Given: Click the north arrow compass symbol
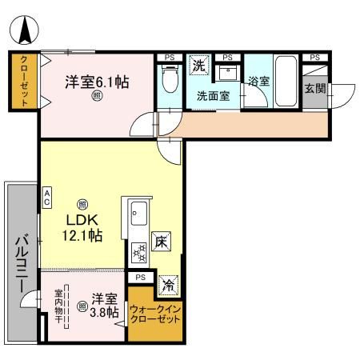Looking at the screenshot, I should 25,30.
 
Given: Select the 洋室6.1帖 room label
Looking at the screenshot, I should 96,81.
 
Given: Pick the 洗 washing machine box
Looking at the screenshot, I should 198,66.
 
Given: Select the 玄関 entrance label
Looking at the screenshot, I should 314,89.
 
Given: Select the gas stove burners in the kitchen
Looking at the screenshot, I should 138,254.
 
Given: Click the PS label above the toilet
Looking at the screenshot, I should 169,58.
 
